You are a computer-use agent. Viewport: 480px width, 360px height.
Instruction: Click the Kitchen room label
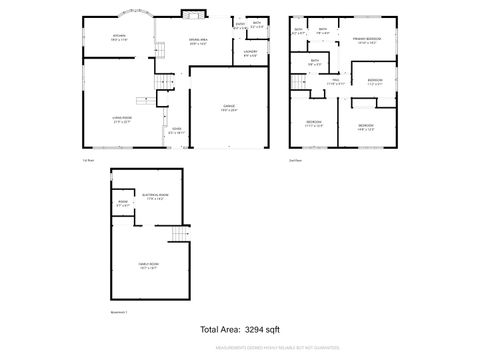click(x=118, y=37)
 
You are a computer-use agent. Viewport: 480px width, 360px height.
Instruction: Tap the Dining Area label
click(x=197, y=42)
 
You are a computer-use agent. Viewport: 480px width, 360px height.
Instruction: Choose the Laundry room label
click(x=250, y=54)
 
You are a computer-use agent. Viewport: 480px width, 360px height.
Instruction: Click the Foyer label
click(x=176, y=131)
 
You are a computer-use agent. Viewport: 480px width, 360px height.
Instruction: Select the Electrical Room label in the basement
click(x=157, y=197)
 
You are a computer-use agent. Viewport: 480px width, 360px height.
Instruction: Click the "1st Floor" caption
click(x=88, y=159)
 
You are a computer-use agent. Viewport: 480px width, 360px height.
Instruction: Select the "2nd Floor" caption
click(x=295, y=159)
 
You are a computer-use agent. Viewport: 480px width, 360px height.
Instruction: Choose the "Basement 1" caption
click(x=119, y=313)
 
